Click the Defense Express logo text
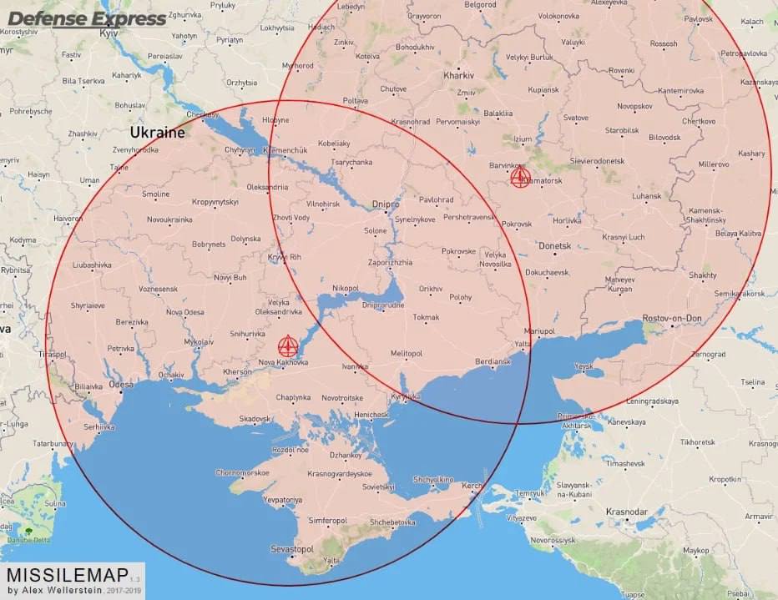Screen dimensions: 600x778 87,18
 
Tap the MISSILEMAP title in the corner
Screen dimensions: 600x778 68,576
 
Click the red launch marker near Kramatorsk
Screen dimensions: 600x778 520,177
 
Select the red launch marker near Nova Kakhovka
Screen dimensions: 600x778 287,345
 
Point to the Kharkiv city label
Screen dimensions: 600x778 458,74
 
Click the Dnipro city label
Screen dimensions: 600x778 386,204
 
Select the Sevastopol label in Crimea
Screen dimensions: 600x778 292,549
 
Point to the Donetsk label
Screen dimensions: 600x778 554,246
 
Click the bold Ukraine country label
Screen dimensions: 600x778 157,133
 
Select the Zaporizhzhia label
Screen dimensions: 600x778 390,262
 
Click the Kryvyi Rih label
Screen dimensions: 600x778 284,257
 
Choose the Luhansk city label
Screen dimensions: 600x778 647,196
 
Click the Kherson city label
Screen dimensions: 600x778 237,371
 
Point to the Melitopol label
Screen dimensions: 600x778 407,354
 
